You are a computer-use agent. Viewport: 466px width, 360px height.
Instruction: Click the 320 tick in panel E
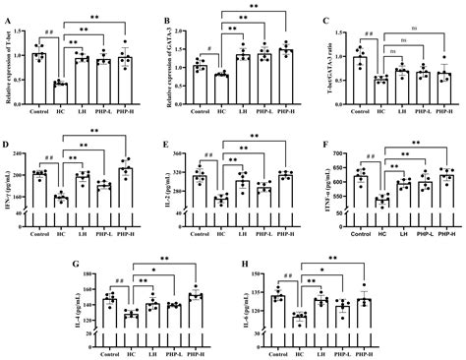tap(183, 152)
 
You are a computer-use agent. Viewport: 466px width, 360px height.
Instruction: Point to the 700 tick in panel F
tap(339, 151)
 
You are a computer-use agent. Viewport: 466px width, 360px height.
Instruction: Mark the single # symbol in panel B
tap(210, 49)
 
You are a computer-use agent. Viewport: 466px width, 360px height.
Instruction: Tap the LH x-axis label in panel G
tap(150, 352)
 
